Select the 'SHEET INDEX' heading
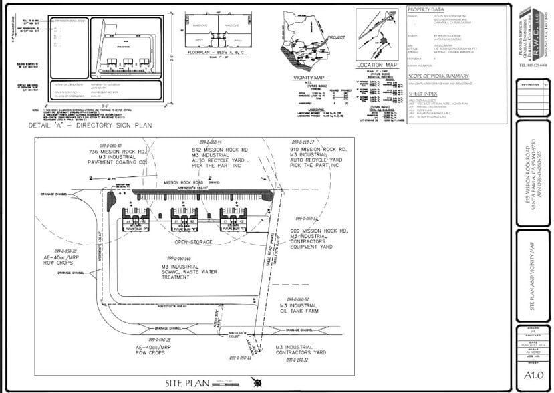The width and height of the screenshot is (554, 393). tap(423, 94)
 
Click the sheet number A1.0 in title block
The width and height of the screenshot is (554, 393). tap(532, 375)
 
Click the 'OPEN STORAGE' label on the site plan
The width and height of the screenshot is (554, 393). tap(194, 242)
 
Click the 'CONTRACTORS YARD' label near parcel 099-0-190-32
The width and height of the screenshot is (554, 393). tap(301, 352)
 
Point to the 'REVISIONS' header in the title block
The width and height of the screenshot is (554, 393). tap(532, 85)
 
